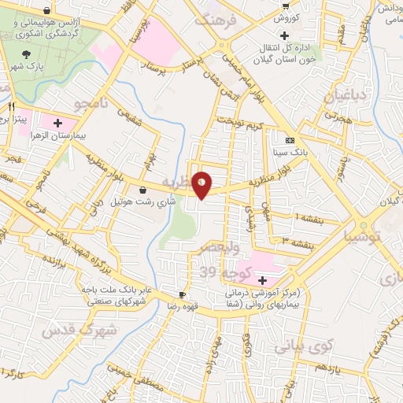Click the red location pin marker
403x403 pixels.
202,184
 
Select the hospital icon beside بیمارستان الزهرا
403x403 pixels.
57,123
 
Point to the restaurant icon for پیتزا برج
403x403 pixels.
12,106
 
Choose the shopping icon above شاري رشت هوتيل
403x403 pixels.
142,190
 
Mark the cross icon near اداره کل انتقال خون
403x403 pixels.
284,35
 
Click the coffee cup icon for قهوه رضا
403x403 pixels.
183,295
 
